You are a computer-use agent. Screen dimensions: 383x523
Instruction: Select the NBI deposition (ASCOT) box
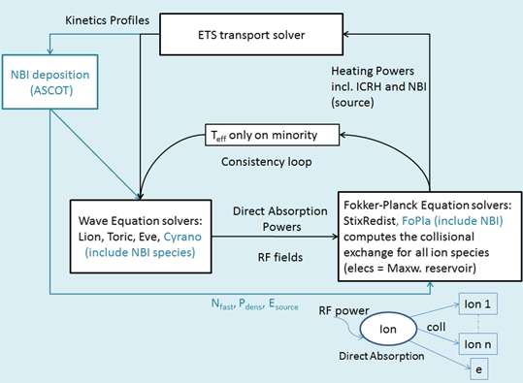tap(46, 80)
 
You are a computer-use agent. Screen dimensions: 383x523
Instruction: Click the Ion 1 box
tap(479, 304)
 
